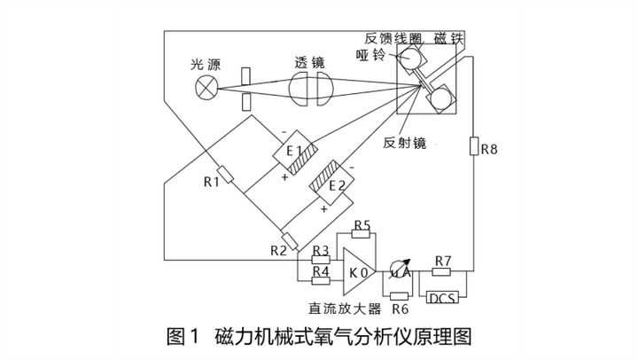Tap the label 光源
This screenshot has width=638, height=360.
click(206, 64)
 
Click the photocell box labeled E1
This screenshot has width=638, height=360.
click(293, 151)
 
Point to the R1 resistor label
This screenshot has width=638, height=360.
click(211, 183)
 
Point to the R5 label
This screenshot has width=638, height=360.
click(361, 225)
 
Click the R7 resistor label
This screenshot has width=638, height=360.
click(443, 261)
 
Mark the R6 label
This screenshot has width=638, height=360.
click(400, 309)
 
